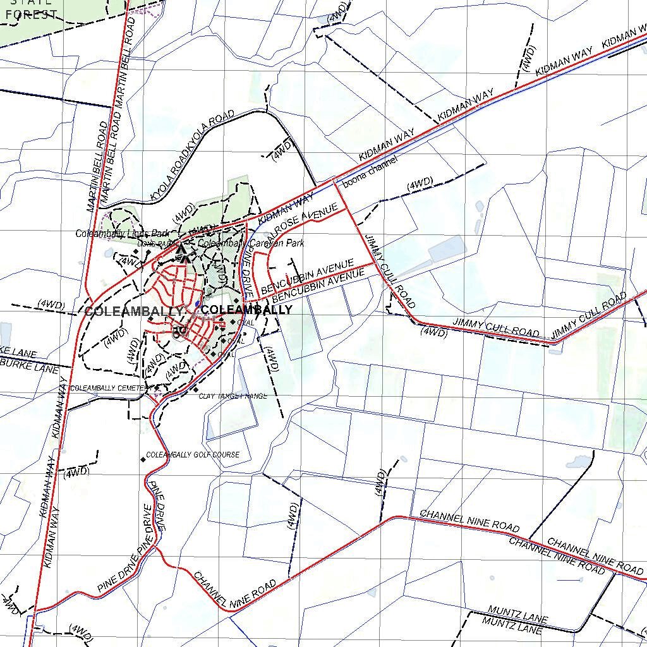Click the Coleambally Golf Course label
(193, 455)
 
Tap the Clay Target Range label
(233, 396)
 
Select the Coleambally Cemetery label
(111, 388)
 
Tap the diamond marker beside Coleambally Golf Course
(143, 459)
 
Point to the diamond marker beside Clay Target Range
(195, 389)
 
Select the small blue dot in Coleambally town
(198, 304)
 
